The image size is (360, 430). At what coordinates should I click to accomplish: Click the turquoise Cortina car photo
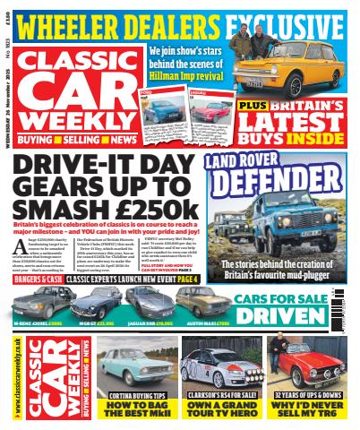point(131,366)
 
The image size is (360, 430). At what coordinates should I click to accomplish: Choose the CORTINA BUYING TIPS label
point(131,393)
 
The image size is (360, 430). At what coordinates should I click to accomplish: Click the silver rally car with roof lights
point(216,368)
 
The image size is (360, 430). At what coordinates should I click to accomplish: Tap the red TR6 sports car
point(308,371)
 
